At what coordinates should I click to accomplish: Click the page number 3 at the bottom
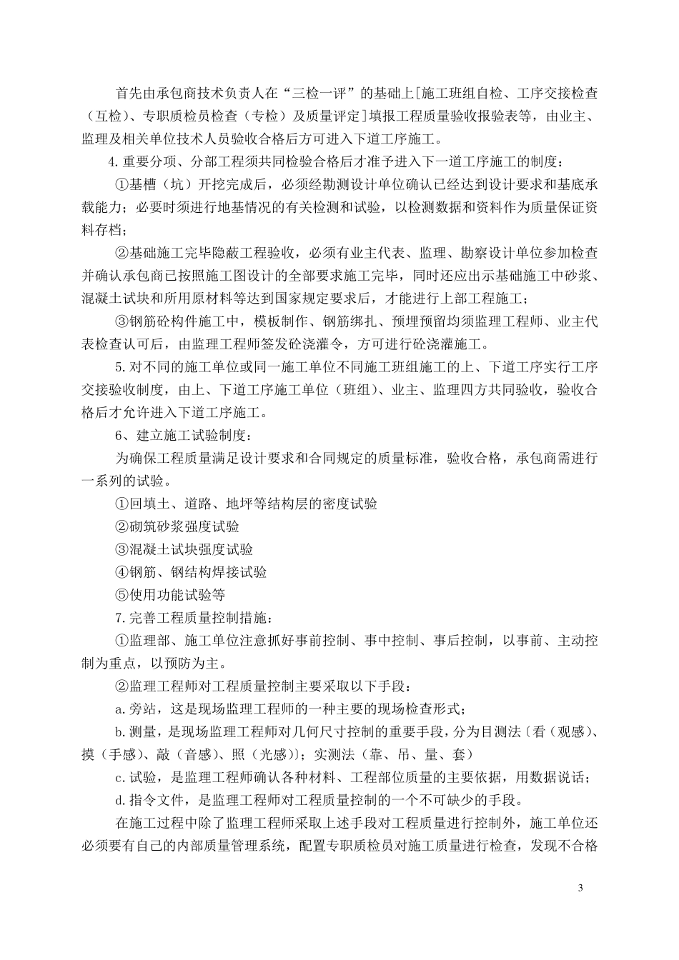[580, 888]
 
